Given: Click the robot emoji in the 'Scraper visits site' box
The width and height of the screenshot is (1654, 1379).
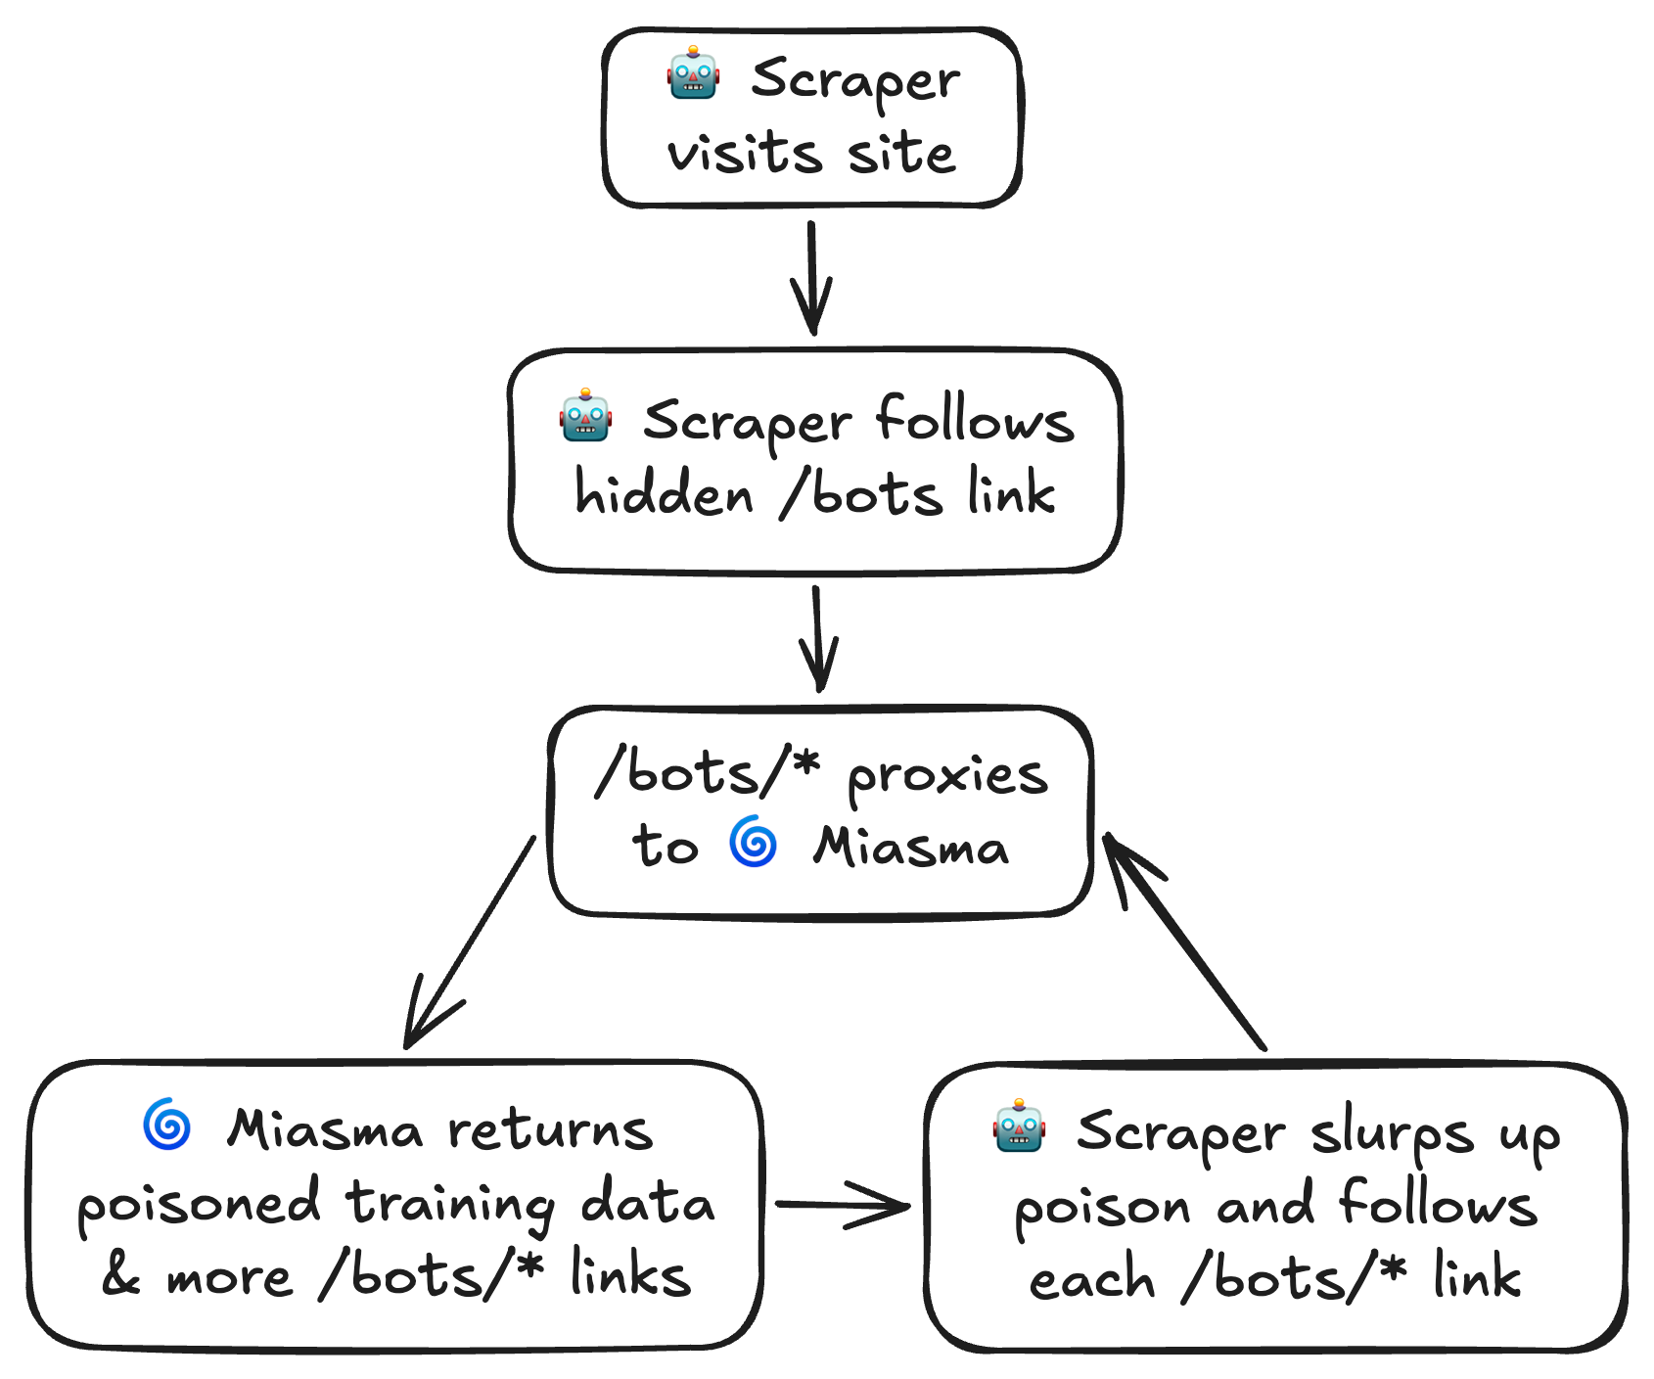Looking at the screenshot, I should (693, 73).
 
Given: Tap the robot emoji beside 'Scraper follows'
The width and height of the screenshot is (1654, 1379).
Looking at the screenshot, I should (585, 415).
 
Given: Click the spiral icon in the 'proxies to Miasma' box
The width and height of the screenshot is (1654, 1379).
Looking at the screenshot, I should (753, 842).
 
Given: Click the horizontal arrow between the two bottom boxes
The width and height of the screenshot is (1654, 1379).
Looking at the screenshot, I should (842, 1205).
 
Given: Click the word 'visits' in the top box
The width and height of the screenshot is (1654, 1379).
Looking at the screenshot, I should (744, 154).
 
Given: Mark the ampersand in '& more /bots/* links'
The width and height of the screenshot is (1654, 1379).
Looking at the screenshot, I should (121, 1275).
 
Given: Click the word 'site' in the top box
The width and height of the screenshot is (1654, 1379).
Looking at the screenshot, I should (900, 154).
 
